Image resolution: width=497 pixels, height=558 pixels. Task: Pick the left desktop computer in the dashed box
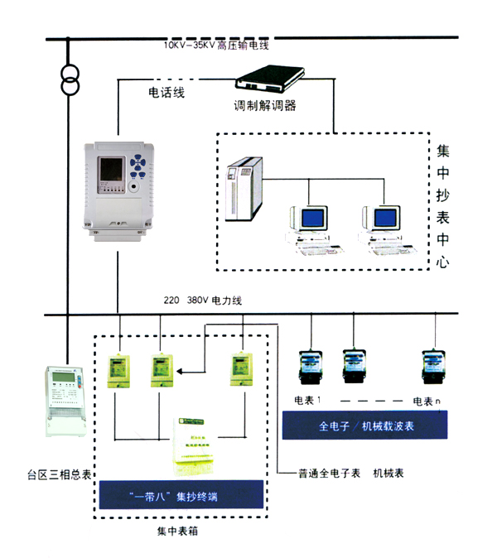[308, 224]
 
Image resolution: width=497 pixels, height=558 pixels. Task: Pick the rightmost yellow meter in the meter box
[241, 370]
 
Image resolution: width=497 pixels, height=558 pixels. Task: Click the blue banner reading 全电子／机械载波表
[365, 427]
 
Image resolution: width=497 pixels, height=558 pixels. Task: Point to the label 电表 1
[307, 401]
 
